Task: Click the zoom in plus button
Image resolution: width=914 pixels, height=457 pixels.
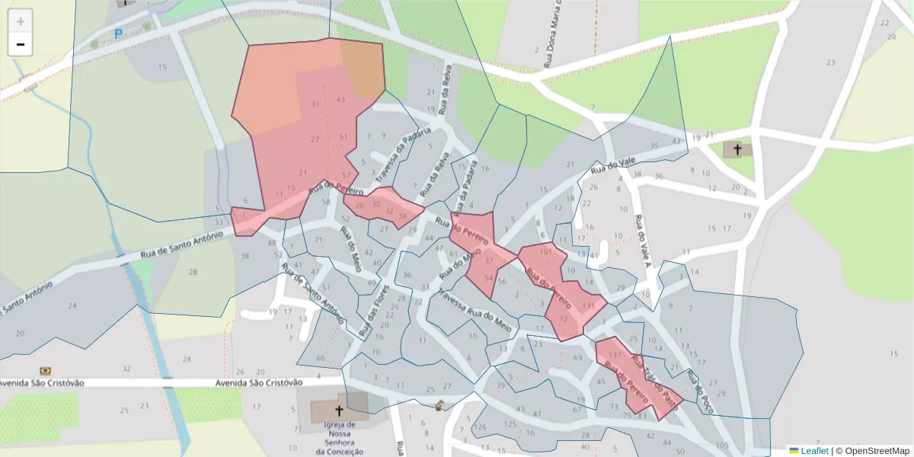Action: (20, 21)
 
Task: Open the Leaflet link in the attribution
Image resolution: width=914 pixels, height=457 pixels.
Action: (813, 451)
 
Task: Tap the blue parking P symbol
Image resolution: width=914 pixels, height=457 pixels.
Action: (118, 34)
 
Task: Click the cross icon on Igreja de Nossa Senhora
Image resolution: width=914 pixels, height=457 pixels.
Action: (339, 411)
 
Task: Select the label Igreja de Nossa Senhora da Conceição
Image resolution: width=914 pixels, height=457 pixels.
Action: (340, 438)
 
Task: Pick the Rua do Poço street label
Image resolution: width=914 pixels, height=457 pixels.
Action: (698, 391)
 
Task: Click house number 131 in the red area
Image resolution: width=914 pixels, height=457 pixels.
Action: (587, 306)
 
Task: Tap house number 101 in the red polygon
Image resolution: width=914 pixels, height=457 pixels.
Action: (545, 251)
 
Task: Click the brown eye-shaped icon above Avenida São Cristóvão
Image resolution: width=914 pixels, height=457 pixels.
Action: (45, 371)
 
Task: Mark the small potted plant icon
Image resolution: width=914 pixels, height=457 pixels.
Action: (439, 404)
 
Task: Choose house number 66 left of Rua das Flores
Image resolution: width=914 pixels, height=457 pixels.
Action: (320, 357)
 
